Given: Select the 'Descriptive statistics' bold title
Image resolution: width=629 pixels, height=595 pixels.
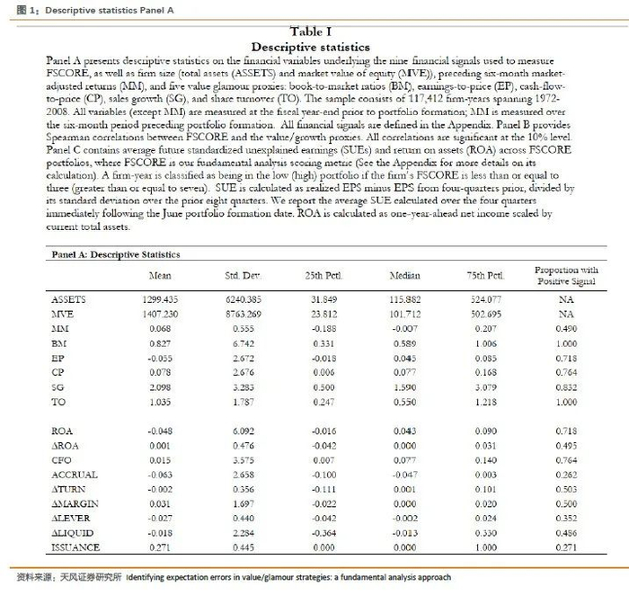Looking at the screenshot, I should click(x=310, y=47).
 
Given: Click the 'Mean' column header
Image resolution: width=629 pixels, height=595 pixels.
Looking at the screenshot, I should click(x=158, y=275).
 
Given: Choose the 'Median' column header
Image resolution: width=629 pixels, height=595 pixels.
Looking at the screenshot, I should click(x=405, y=275).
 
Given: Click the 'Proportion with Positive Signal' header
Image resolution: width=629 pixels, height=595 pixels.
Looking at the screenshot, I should click(x=565, y=276).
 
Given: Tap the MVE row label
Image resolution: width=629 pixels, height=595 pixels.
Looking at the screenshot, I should click(x=65, y=315).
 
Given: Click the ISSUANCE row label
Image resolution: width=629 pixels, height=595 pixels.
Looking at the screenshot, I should click(x=76, y=547).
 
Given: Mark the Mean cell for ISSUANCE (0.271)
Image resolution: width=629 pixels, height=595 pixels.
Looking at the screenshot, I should click(x=160, y=547).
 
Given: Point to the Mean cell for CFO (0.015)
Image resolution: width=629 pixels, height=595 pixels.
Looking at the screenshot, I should click(x=160, y=460).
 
